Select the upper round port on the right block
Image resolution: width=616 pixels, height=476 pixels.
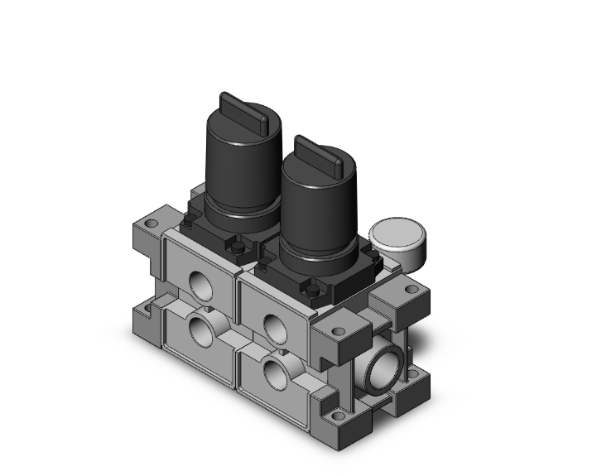pyautogui.click(x=273, y=325)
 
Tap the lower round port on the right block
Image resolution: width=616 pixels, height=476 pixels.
pyautogui.click(x=275, y=373)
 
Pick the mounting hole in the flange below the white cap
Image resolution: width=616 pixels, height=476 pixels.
pyautogui.click(x=411, y=290)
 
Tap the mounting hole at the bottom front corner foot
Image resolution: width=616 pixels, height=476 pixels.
pyautogui.click(x=335, y=416)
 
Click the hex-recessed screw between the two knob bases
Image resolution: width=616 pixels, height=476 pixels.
pyautogui.click(x=239, y=246)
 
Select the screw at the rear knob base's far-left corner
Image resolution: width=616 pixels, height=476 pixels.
pyautogui.click(x=191, y=222)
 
